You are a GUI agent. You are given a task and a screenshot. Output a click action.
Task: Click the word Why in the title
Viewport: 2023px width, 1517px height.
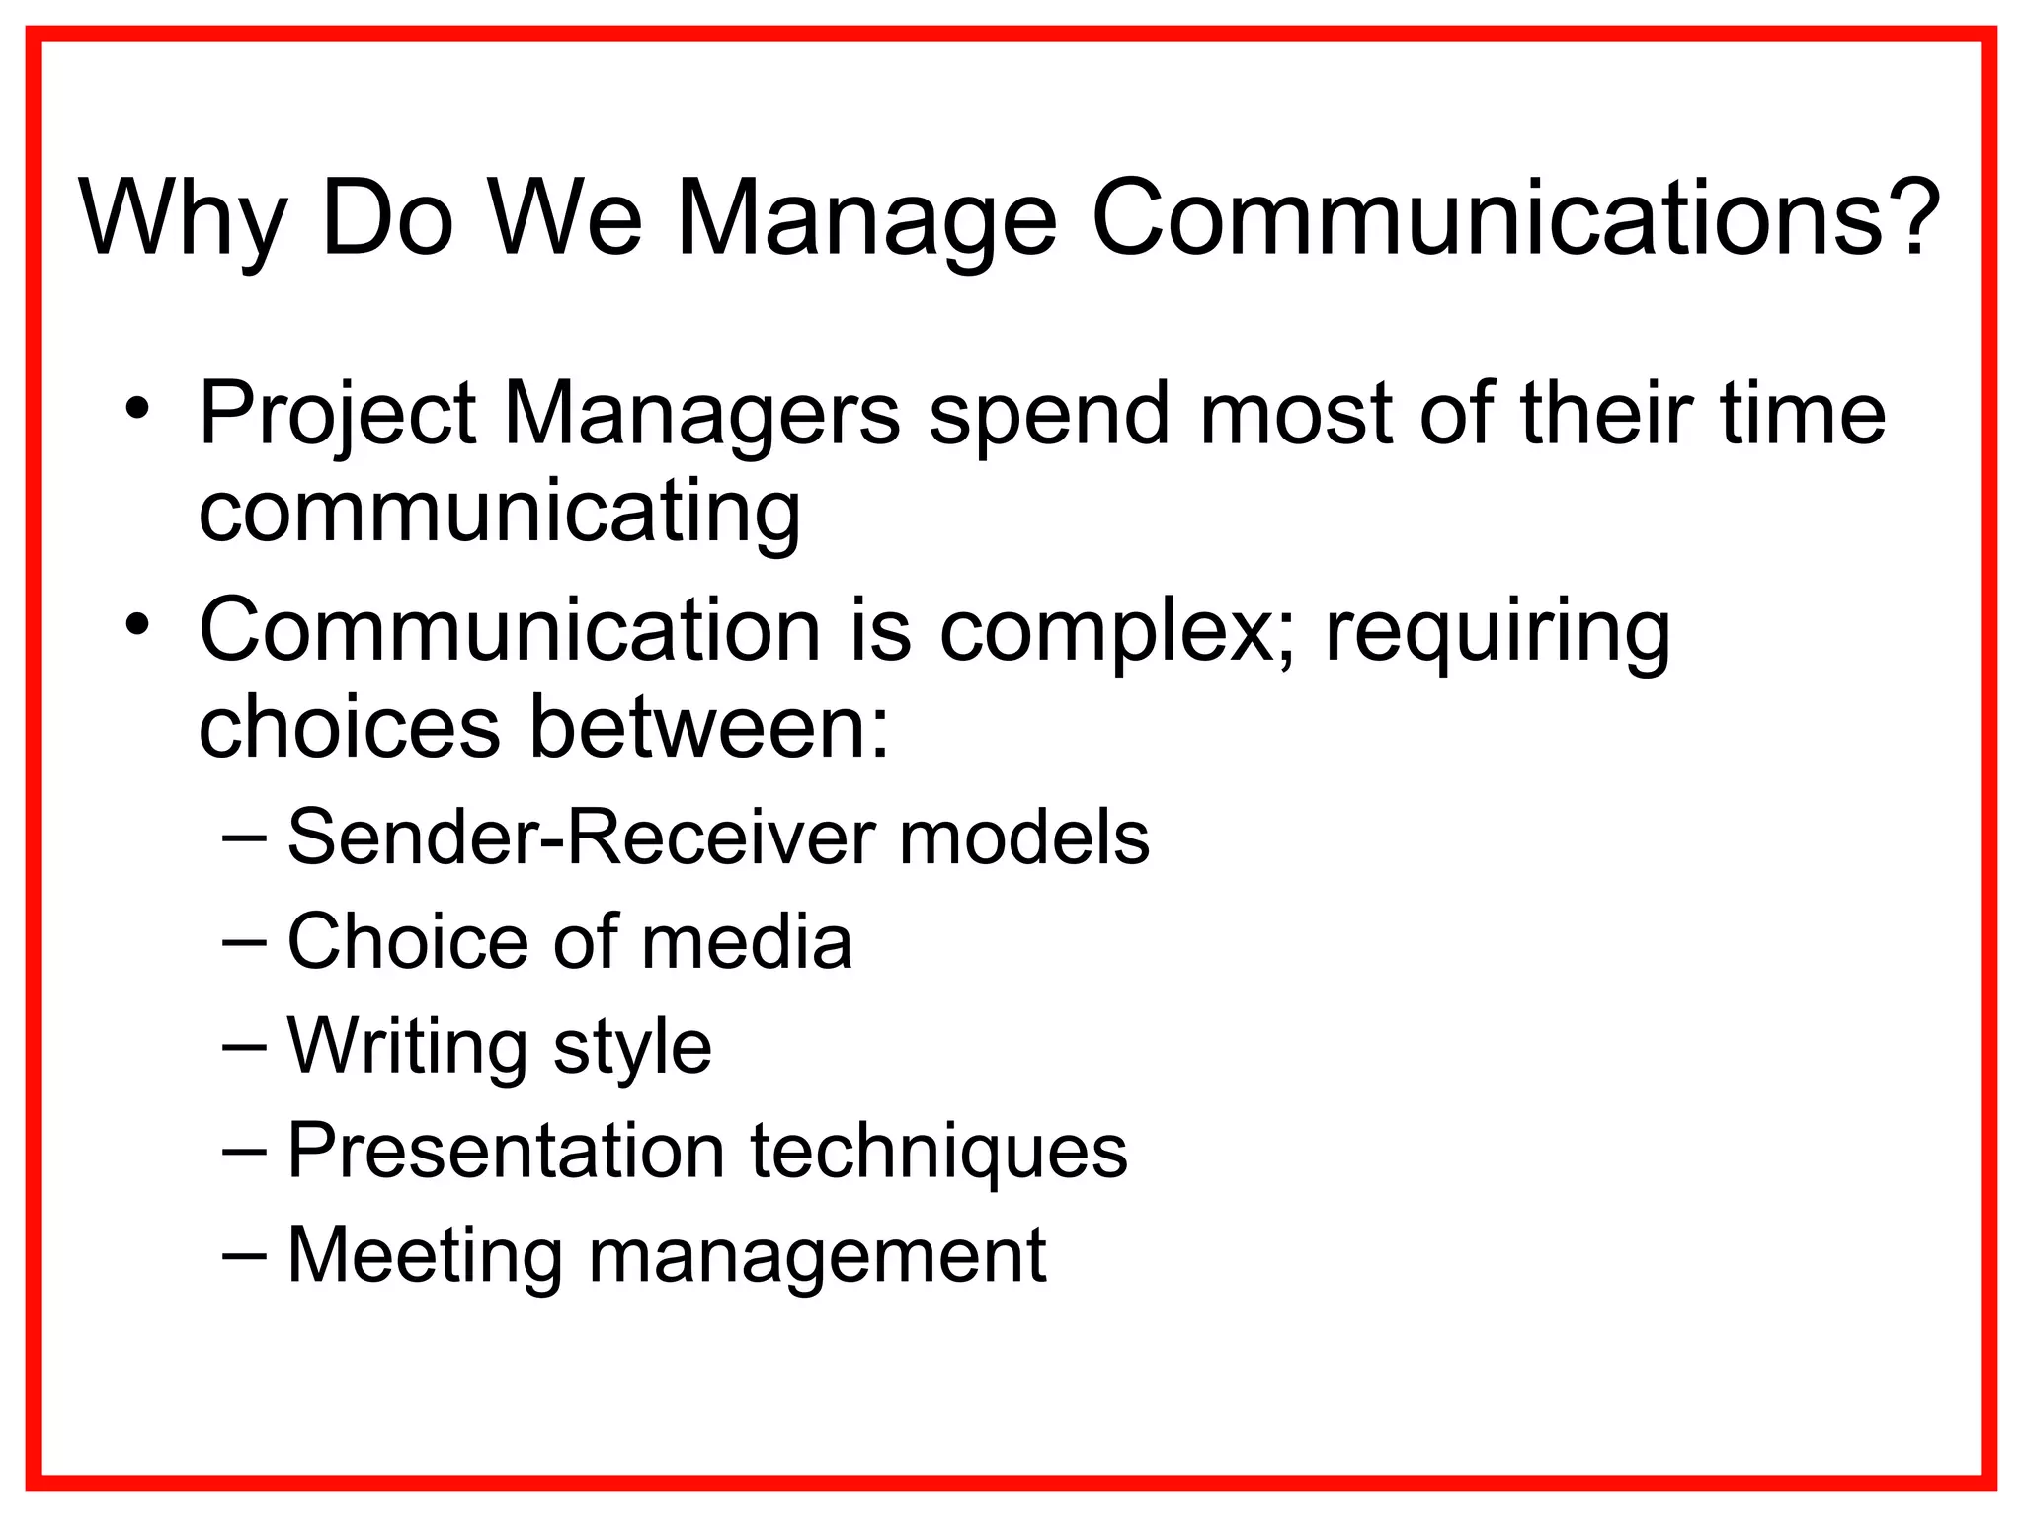pyautogui.click(x=183, y=219)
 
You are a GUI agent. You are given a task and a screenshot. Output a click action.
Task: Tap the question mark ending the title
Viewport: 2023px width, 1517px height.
pyautogui.click(x=1912, y=215)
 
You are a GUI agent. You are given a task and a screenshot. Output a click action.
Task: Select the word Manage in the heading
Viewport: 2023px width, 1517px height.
pyautogui.click(x=866, y=219)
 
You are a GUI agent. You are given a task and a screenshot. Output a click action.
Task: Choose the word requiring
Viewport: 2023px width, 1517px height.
pyautogui.click(x=1497, y=632)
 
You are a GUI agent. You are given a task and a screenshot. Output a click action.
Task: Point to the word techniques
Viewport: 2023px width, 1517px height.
pyautogui.click(x=938, y=1152)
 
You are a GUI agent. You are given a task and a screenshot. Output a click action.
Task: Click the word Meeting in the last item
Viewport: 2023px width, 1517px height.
pyautogui.click(x=425, y=1256)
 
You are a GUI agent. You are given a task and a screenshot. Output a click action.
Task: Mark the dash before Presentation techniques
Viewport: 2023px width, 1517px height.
pyautogui.click(x=244, y=1151)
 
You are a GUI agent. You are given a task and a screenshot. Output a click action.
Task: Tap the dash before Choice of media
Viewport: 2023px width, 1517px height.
pyautogui.click(x=244, y=941)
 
